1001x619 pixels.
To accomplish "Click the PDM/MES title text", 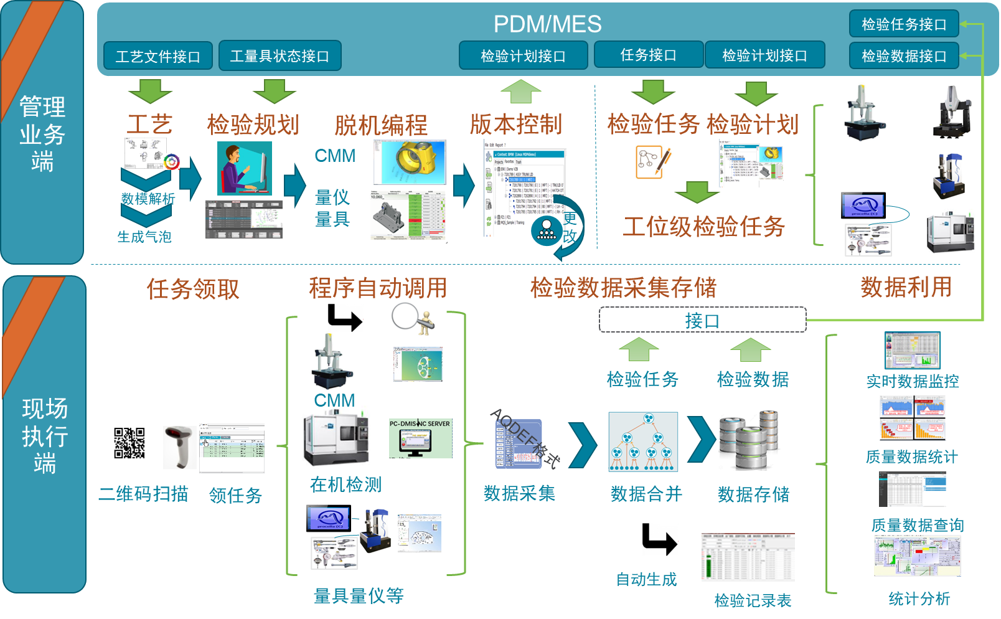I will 547,24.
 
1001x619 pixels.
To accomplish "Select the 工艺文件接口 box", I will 158,56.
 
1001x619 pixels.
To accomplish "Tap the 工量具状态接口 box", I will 280,56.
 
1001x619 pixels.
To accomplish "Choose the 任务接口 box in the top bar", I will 648,55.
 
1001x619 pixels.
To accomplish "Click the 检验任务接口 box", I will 903,24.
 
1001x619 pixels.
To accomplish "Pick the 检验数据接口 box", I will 903,56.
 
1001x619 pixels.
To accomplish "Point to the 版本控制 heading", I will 515,125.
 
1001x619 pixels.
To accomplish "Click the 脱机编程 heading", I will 380,125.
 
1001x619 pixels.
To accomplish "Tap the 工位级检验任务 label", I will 703,226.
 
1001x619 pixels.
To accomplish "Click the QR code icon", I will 129,443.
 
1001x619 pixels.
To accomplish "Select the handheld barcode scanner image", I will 179,447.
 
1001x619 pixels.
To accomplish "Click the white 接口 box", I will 702,320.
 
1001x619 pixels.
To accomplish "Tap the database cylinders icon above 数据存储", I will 749,440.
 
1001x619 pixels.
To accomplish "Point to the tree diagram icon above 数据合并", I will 642,442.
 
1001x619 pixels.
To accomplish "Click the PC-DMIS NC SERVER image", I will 420,438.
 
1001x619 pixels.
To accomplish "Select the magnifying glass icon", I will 411,319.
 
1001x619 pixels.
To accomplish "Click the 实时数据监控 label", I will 912,381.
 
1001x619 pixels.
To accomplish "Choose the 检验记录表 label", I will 753,600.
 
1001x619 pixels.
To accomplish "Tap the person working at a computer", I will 243,169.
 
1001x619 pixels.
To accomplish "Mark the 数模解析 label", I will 148,199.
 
